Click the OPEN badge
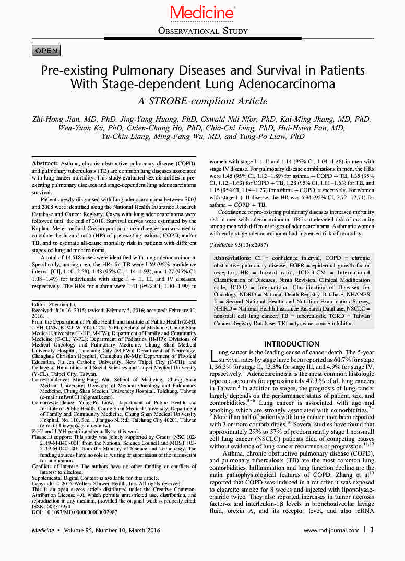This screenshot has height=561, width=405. [46, 51]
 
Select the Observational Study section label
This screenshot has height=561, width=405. [202, 31]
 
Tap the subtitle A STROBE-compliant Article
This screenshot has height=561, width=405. [202, 101]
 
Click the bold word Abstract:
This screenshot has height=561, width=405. [45, 164]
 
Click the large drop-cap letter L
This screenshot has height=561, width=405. [213, 356]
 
